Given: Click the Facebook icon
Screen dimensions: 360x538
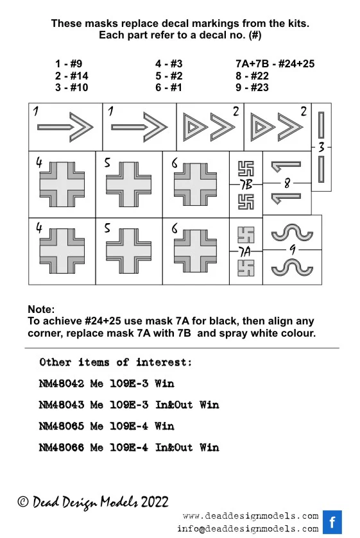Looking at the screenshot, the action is (x=332, y=522).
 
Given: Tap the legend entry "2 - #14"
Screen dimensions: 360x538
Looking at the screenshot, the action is (x=71, y=76).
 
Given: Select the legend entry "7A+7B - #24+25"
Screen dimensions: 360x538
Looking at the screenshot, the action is (x=275, y=63).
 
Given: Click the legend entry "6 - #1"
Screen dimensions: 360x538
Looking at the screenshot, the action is (x=168, y=87).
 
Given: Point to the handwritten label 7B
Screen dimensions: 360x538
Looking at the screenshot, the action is (x=246, y=185).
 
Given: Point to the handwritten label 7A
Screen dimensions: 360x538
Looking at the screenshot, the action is (x=244, y=252).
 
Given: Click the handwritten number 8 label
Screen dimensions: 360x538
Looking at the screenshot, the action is (x=287, y=183).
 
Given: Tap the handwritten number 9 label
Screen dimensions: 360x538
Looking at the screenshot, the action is (x=293, y=249).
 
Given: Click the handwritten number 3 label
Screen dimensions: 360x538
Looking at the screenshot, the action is (x=321, y=147).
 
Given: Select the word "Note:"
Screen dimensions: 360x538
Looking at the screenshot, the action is (x=41, y=309).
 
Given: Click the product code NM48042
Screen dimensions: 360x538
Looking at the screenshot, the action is (x=62, y=383).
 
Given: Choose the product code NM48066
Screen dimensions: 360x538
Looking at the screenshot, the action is (x=62, y=447).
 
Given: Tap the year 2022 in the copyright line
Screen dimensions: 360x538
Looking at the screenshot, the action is (x=155, y=502).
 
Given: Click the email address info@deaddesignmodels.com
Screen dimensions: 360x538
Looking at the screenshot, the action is (x=248, y=529).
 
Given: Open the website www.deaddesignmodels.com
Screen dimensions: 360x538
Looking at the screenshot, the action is (x=251, y=516).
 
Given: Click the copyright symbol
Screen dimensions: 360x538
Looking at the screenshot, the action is (x=23, y=502).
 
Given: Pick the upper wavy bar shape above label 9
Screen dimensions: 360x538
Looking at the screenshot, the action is (x=293, y=233).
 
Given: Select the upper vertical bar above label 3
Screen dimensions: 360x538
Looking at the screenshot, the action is (x=321, y=125).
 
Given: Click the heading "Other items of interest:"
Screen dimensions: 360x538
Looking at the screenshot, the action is (x=116, y=362).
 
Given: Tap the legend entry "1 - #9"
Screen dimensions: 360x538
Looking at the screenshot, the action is (x=69, y=63).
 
